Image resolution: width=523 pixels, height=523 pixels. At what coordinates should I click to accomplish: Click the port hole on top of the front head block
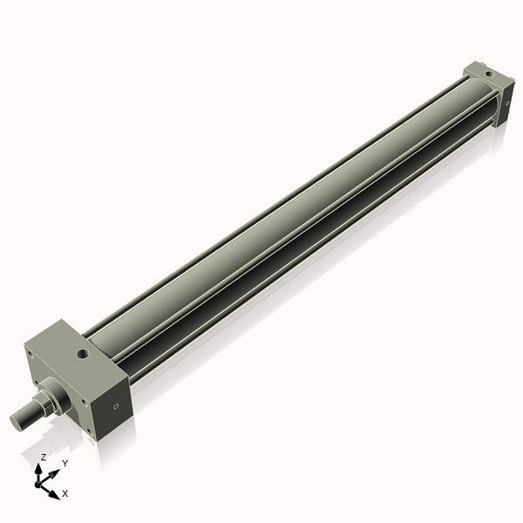(83, 355)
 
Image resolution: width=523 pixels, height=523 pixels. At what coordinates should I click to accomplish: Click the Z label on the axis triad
(44, 457)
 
